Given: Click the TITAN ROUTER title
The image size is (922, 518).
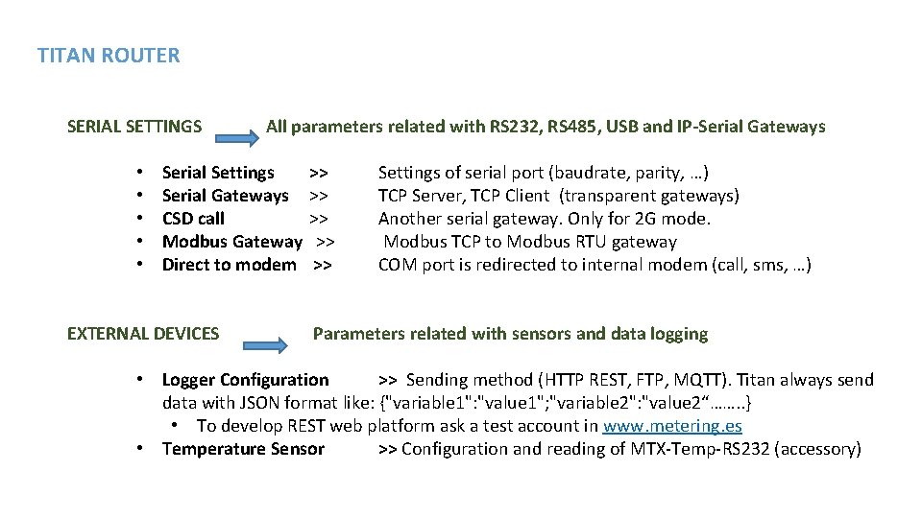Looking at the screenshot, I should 109,56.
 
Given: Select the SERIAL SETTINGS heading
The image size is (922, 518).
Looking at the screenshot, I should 134,127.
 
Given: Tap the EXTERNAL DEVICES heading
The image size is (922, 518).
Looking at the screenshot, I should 143,334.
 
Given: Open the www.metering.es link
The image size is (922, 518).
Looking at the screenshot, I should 672,426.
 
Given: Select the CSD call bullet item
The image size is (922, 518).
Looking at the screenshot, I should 193,219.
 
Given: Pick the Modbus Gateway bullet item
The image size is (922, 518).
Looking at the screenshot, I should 231,242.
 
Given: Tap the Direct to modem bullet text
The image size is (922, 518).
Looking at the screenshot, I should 229,265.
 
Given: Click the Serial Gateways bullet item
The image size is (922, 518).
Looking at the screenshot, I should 225,196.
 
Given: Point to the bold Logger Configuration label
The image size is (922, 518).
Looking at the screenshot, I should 245,380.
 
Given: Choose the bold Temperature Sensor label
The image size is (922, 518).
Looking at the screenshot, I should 243,449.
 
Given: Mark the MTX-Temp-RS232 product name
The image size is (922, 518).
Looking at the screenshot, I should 700,449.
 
